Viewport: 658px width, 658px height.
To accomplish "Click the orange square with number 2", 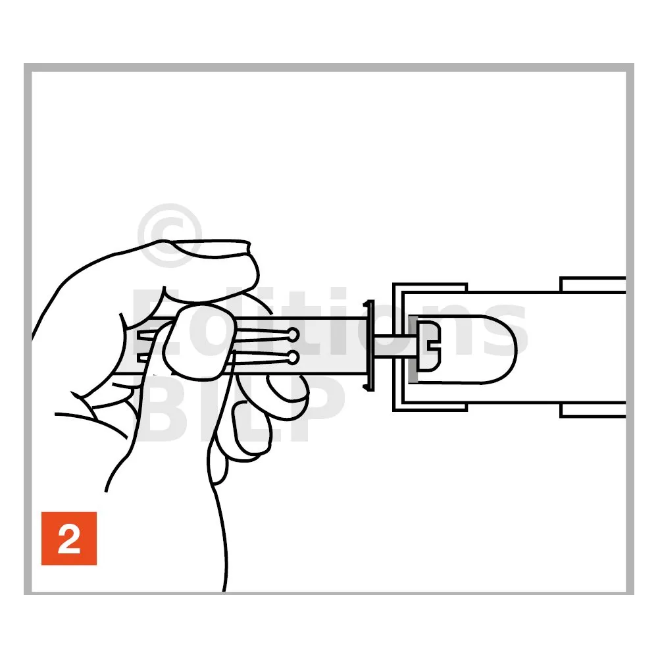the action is pos(69,538).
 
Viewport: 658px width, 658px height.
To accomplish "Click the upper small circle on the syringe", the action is pos(293,334).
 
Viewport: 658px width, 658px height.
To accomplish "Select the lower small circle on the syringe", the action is pos(293,358).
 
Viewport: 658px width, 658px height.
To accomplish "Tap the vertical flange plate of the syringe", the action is pos(368,346).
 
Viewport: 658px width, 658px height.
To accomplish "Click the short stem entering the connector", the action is pos(393,346).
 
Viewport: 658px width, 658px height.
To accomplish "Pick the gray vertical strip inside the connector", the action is pos(413,349).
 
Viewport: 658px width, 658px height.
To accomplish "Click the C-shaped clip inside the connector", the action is pos(430,346).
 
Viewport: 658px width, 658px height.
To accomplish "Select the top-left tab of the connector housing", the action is pos(430,287).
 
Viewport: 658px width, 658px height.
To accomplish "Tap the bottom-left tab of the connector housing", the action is pos(430,407).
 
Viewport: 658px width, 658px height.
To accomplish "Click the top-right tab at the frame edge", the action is pos(593,284).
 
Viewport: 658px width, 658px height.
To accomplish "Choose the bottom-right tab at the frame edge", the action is pos(593,410).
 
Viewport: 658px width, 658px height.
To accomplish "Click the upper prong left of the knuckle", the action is pos(147,334).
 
